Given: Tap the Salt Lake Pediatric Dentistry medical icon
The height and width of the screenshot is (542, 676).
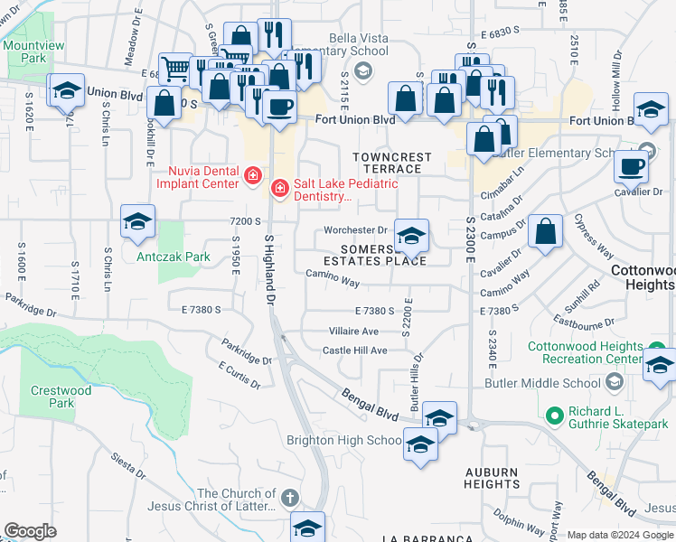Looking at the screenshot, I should [280, 188].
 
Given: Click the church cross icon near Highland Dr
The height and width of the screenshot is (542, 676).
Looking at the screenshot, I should [289, 497].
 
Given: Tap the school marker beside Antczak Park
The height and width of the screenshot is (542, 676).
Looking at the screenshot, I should [137, 222].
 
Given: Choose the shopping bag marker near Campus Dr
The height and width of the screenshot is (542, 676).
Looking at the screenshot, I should [546, 231].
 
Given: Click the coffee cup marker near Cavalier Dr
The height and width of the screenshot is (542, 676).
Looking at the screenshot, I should [631, 167].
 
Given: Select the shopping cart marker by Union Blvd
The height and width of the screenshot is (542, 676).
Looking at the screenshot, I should [176, 67].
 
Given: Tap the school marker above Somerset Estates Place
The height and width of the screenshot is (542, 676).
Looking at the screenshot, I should [411, 237].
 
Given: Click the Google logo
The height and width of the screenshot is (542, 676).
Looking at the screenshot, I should [30, 531].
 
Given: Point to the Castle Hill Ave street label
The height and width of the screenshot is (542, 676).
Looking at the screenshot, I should [354, 350].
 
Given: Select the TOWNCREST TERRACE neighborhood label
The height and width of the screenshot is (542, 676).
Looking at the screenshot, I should [392, 163].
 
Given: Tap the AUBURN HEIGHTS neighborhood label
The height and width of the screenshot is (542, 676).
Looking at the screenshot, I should [491, 478].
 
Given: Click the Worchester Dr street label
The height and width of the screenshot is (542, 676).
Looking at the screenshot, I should [355, 229].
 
